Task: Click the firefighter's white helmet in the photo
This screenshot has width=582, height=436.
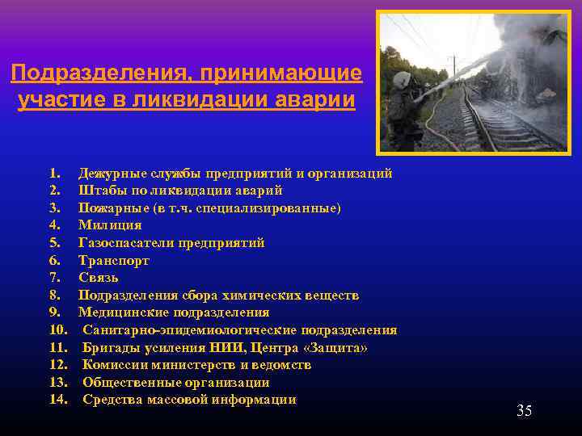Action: click(401, 79)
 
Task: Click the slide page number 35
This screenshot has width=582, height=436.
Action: click(524, 411)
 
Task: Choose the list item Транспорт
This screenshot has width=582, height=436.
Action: click(114, 260)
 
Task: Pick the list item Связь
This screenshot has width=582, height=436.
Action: click(99, 278)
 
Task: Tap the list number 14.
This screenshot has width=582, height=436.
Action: click(58, 400)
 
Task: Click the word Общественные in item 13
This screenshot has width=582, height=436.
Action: click(131, 382)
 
